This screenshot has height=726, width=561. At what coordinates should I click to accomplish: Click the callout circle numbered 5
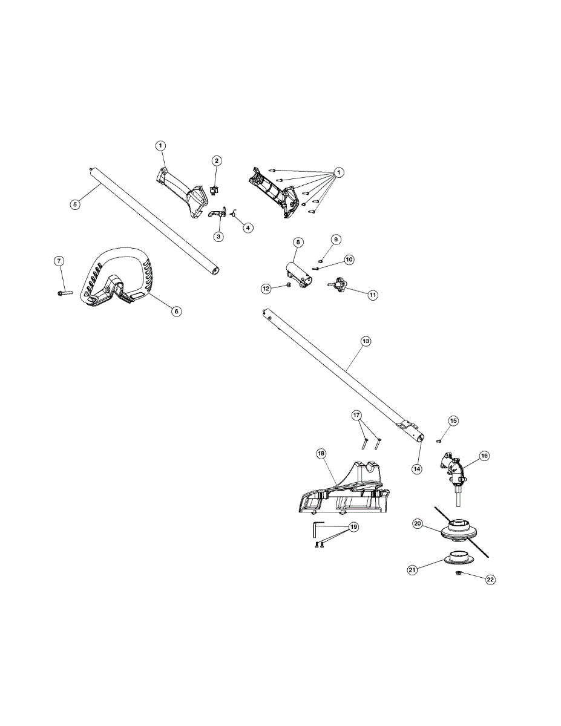coord(75,204)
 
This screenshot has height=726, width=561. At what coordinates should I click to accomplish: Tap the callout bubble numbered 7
coord(59,261)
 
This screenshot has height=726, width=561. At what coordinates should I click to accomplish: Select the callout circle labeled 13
coord(366,341)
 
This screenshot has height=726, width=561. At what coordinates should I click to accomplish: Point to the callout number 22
coord(490,580)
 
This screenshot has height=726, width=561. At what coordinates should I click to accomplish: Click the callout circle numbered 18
coord(321,453)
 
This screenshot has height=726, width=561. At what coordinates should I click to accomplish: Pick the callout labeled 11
coord(373,295)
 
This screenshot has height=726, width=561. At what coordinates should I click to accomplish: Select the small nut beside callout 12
coord(289,285)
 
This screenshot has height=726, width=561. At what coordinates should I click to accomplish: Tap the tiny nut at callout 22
coord(459,574)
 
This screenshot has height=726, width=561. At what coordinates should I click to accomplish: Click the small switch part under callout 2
coord(213,191)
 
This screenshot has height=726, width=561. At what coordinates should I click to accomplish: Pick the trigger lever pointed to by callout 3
coord(216,212)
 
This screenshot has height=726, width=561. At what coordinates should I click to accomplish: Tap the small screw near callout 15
coord(439,441)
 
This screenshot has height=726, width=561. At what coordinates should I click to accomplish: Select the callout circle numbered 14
coord(417,469)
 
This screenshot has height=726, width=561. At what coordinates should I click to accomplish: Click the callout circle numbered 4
coord(248,227)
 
